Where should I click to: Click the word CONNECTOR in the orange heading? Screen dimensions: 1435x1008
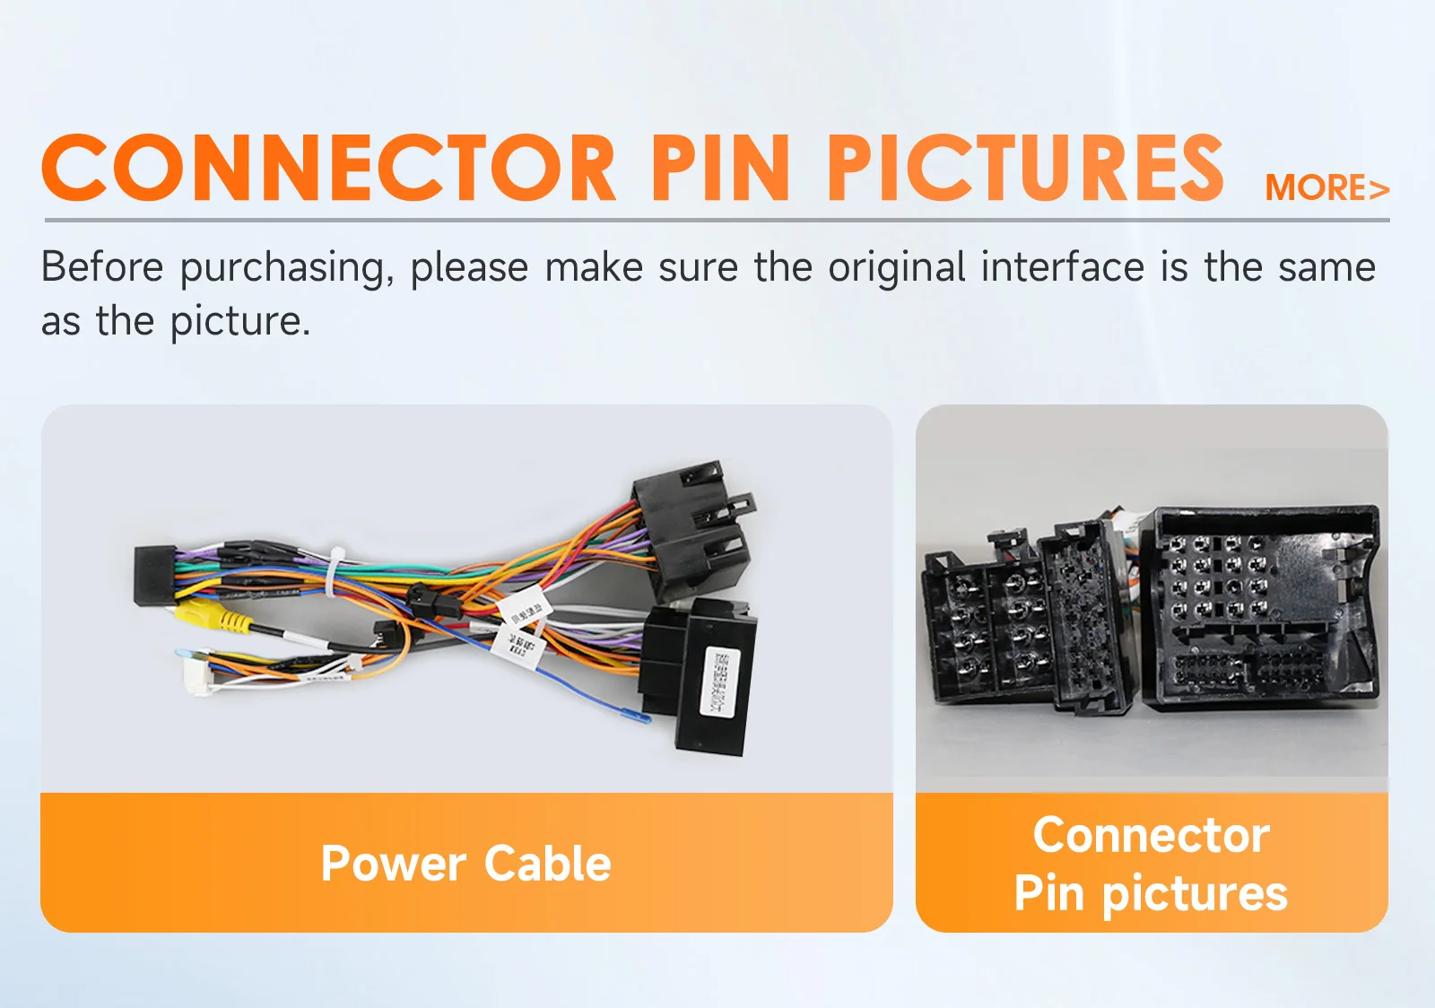point(328,169)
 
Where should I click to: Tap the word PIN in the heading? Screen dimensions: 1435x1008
point(720,169)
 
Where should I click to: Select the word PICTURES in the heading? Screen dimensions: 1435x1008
point(1024,169)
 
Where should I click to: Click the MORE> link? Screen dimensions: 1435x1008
point(1326,188)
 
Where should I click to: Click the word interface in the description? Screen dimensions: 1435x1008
point(1063,267)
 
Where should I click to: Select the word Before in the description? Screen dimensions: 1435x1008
point(102,267)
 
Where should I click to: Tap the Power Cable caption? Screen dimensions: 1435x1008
point(466,864)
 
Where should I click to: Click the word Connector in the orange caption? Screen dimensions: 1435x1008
point(1151,835)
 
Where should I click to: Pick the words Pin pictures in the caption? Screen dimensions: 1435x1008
point(1151,893)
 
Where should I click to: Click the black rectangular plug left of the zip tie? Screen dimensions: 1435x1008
point(154,574)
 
